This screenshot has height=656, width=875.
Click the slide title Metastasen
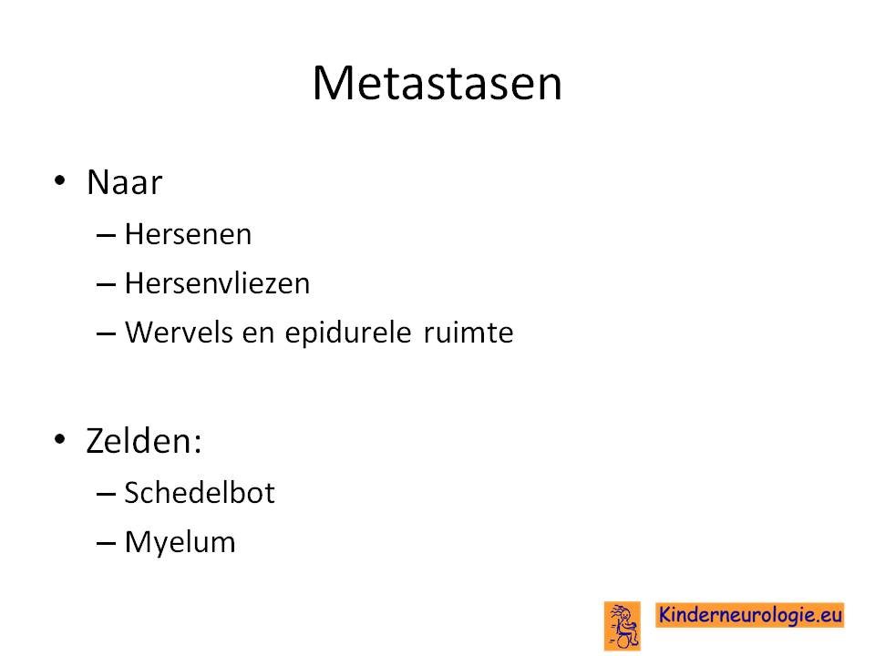(x=437, y=83)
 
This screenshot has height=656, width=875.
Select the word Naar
(x=125, y=182)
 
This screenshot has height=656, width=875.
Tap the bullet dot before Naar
(x=60, y=180)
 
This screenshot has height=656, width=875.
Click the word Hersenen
(x=188, y=234)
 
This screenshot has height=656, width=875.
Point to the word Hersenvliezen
(x=217, y=282)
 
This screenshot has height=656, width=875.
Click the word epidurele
(x=348, y=333)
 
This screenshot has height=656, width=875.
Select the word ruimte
(x=468, y=333)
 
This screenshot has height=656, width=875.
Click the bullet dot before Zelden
(x=60, y=439)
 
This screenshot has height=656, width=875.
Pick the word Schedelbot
(x=200, y=493)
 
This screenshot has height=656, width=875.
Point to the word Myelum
(x=180, y=542)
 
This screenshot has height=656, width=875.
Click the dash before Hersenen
(x=106, y=236)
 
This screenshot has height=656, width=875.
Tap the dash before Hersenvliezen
(x=106, y=285)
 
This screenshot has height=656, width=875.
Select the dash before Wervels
(x=106, y=334)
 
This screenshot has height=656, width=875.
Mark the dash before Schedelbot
(x=106, y=494)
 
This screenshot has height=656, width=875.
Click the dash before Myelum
(x=106, y=543)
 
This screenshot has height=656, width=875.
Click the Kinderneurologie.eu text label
(x=749, y=615)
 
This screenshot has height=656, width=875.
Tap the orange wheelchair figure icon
(x=623, y=626)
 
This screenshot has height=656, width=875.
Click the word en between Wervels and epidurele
(x=258, y=333)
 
